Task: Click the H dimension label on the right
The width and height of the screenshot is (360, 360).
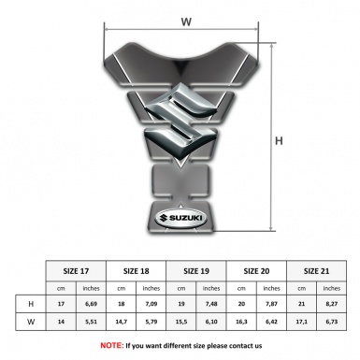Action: click(305, 140)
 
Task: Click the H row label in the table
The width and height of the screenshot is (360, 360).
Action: click(31, 305)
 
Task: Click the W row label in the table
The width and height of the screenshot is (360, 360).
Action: click(31, 323)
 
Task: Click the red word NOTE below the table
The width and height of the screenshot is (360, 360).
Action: click(110, 345)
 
